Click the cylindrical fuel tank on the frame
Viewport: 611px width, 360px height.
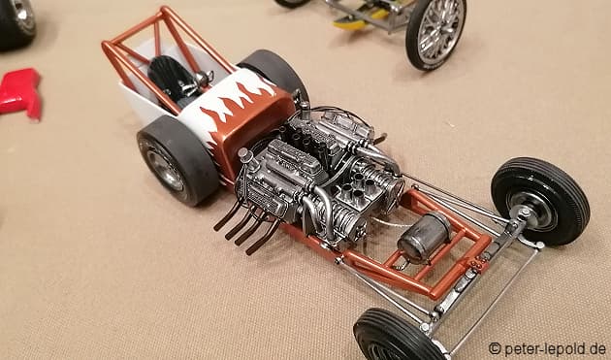[424, 237]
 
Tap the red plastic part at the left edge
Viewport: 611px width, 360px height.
[21, 92]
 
